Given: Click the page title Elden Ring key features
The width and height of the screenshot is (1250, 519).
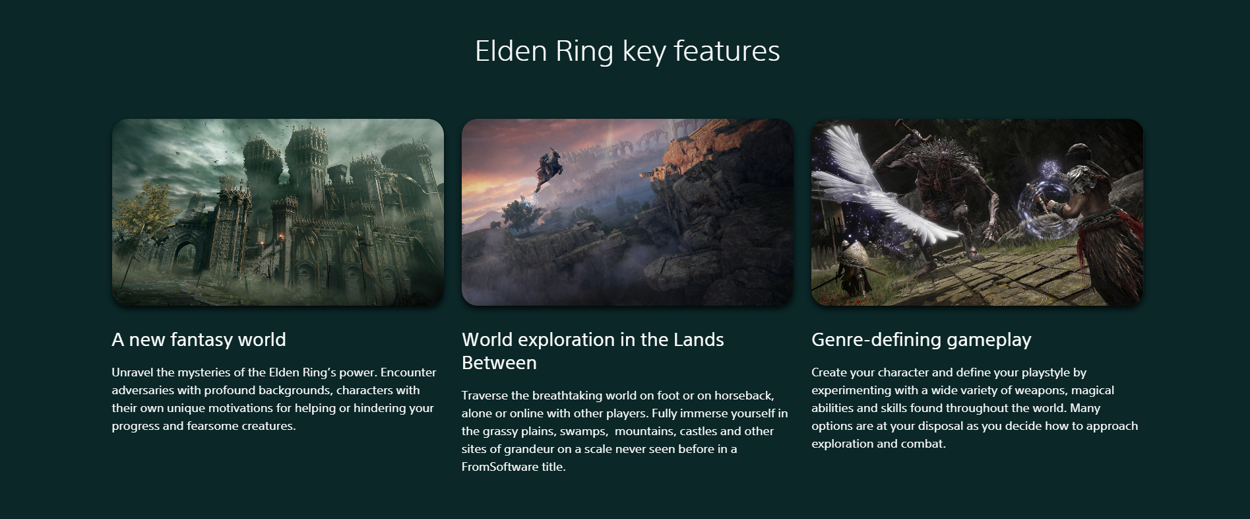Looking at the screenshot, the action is coord(627,52).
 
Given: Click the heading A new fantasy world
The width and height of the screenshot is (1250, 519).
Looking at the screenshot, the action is coord(199,339).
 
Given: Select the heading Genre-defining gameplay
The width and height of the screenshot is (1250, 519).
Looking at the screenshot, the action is coord(921,340).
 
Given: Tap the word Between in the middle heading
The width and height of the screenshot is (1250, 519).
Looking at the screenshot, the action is coord(499,363).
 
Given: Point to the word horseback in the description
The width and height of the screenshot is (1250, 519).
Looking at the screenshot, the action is coord(743,396).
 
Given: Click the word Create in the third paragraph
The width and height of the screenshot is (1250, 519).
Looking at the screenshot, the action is coord(829,372).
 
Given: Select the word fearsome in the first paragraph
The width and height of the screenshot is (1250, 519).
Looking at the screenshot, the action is coord(212,426).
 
